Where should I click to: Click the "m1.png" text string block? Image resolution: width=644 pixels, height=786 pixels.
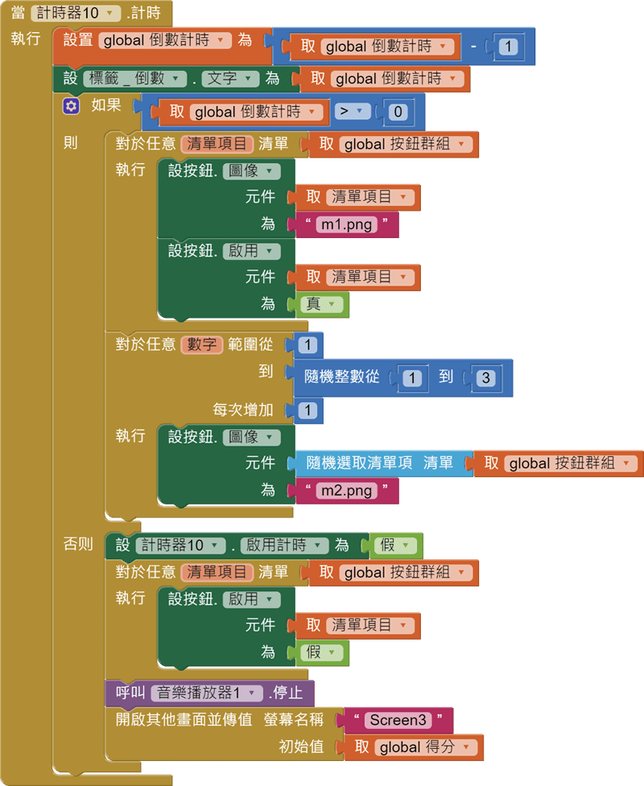347,224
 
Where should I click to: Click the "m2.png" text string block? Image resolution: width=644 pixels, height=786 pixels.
347,490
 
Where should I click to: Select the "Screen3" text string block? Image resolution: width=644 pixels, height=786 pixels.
398,719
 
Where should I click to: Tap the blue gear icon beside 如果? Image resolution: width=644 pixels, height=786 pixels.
72,105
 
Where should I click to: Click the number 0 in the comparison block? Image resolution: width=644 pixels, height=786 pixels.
398,112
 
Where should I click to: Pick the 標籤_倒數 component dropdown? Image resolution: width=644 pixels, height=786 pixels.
133,78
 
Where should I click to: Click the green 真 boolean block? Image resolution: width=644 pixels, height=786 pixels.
322,304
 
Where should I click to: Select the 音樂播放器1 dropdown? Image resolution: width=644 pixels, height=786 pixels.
208,693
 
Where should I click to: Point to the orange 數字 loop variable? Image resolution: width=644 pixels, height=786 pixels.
200,344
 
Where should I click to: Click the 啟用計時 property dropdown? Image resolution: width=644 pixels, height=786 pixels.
284,545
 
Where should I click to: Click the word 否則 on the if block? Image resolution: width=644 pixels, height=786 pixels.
78,544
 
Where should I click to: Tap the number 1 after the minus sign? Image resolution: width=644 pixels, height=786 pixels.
508,47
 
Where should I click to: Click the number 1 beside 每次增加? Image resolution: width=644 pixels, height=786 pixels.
308,410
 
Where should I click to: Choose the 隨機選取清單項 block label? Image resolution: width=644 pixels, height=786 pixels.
360,463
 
